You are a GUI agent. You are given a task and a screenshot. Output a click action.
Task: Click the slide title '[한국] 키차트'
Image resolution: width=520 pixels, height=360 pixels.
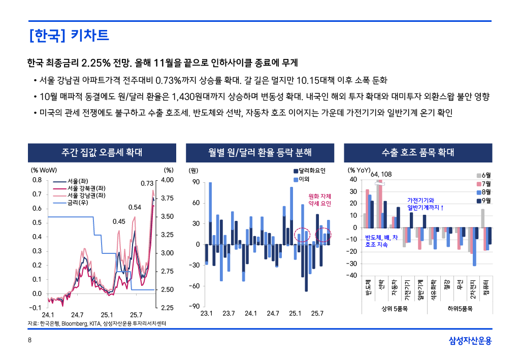pos(70,36)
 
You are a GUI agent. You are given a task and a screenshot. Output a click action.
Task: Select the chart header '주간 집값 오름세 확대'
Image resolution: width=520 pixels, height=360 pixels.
pos(102,152)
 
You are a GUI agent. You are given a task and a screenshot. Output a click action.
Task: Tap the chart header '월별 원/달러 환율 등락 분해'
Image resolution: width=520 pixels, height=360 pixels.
pos(260,152)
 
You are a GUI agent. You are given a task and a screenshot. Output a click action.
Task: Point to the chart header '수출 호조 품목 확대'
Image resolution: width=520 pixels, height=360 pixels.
pos(418,152)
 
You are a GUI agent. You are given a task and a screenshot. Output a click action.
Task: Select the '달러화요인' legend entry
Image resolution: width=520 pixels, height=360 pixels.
pos(311,171)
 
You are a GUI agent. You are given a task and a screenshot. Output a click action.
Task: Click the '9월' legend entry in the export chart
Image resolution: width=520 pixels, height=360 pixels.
pos(485,201)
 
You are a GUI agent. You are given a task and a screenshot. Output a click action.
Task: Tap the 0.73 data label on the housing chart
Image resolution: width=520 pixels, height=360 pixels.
pos(147,183)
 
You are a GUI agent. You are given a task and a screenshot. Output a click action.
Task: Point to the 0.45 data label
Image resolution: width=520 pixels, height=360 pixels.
pos(119,221)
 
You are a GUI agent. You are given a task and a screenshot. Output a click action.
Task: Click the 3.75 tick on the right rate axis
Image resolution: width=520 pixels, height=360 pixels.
pos(167,199)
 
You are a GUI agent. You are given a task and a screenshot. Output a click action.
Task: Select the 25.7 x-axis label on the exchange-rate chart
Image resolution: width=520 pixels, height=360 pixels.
pos(317,313)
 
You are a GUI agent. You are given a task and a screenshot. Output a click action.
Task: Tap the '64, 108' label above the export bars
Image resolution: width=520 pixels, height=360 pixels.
pos(381,174)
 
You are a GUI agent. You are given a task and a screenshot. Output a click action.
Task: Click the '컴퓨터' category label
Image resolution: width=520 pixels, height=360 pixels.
pos(486,287)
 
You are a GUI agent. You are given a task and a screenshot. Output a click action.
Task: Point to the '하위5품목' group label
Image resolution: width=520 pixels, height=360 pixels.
pos(461,308)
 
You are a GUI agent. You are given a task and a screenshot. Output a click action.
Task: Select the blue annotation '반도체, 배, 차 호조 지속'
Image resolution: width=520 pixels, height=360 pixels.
pos(381,241)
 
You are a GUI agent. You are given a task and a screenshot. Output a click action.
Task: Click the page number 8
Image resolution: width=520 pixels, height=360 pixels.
pos(29,340)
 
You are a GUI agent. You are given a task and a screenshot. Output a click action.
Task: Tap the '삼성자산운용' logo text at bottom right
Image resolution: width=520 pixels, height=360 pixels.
pos(470,340)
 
